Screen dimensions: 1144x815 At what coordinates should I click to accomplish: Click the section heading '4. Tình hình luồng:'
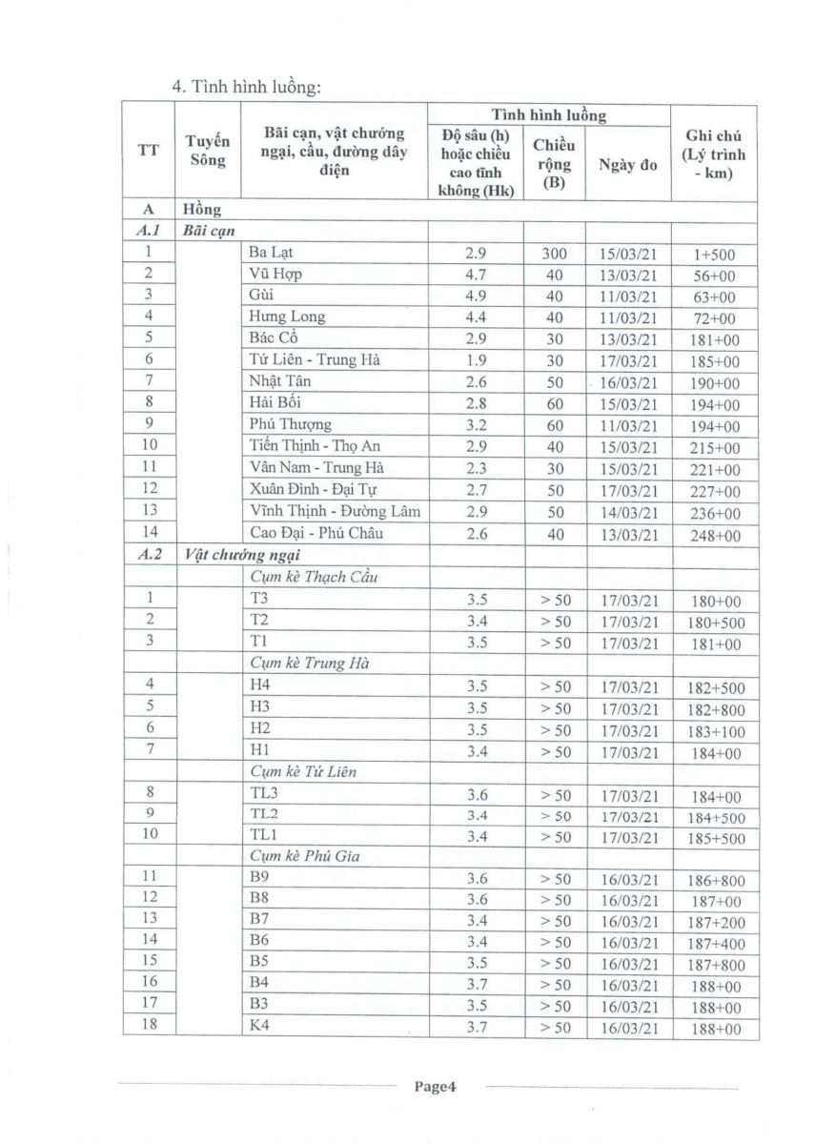(x=247, y=87)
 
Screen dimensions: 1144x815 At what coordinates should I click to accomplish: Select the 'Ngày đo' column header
(x=627, y=164)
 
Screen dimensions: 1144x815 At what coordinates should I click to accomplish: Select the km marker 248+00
(x=714, y=536)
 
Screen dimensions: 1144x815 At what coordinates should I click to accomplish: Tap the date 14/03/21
(x=628, y=513)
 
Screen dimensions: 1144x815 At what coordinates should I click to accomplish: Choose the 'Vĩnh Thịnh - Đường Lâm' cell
(x=334, y=512)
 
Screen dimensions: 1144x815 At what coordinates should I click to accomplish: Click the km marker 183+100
(x=716, y=731)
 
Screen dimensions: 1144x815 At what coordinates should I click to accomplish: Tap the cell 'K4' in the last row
(x=259, y=1027)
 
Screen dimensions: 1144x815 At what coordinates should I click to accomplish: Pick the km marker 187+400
(x=716, y=943)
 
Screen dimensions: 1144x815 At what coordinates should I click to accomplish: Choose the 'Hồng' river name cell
(x=201, y=209)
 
